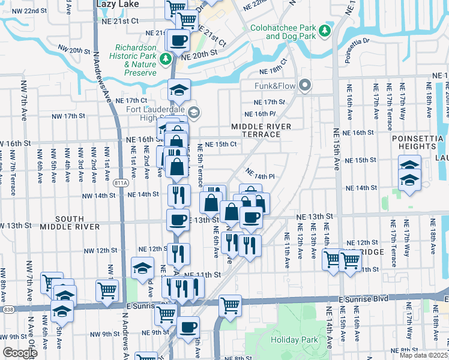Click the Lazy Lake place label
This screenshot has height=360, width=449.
(x=117, y=4)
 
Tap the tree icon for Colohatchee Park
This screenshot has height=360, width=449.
(x=325, y=30)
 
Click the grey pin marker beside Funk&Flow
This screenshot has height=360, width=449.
(x=305, y=86)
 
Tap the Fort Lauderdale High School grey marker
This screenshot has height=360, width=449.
(x=193, y=112)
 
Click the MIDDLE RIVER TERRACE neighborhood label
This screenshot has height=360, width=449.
(x=262, y=130)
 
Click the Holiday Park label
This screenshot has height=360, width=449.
(x=288, y=340)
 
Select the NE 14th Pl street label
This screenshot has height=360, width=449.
(x=260, y=176)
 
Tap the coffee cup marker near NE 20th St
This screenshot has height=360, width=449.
(x=179, y=41)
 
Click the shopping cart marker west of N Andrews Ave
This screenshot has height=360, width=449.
(x=107, y=290)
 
